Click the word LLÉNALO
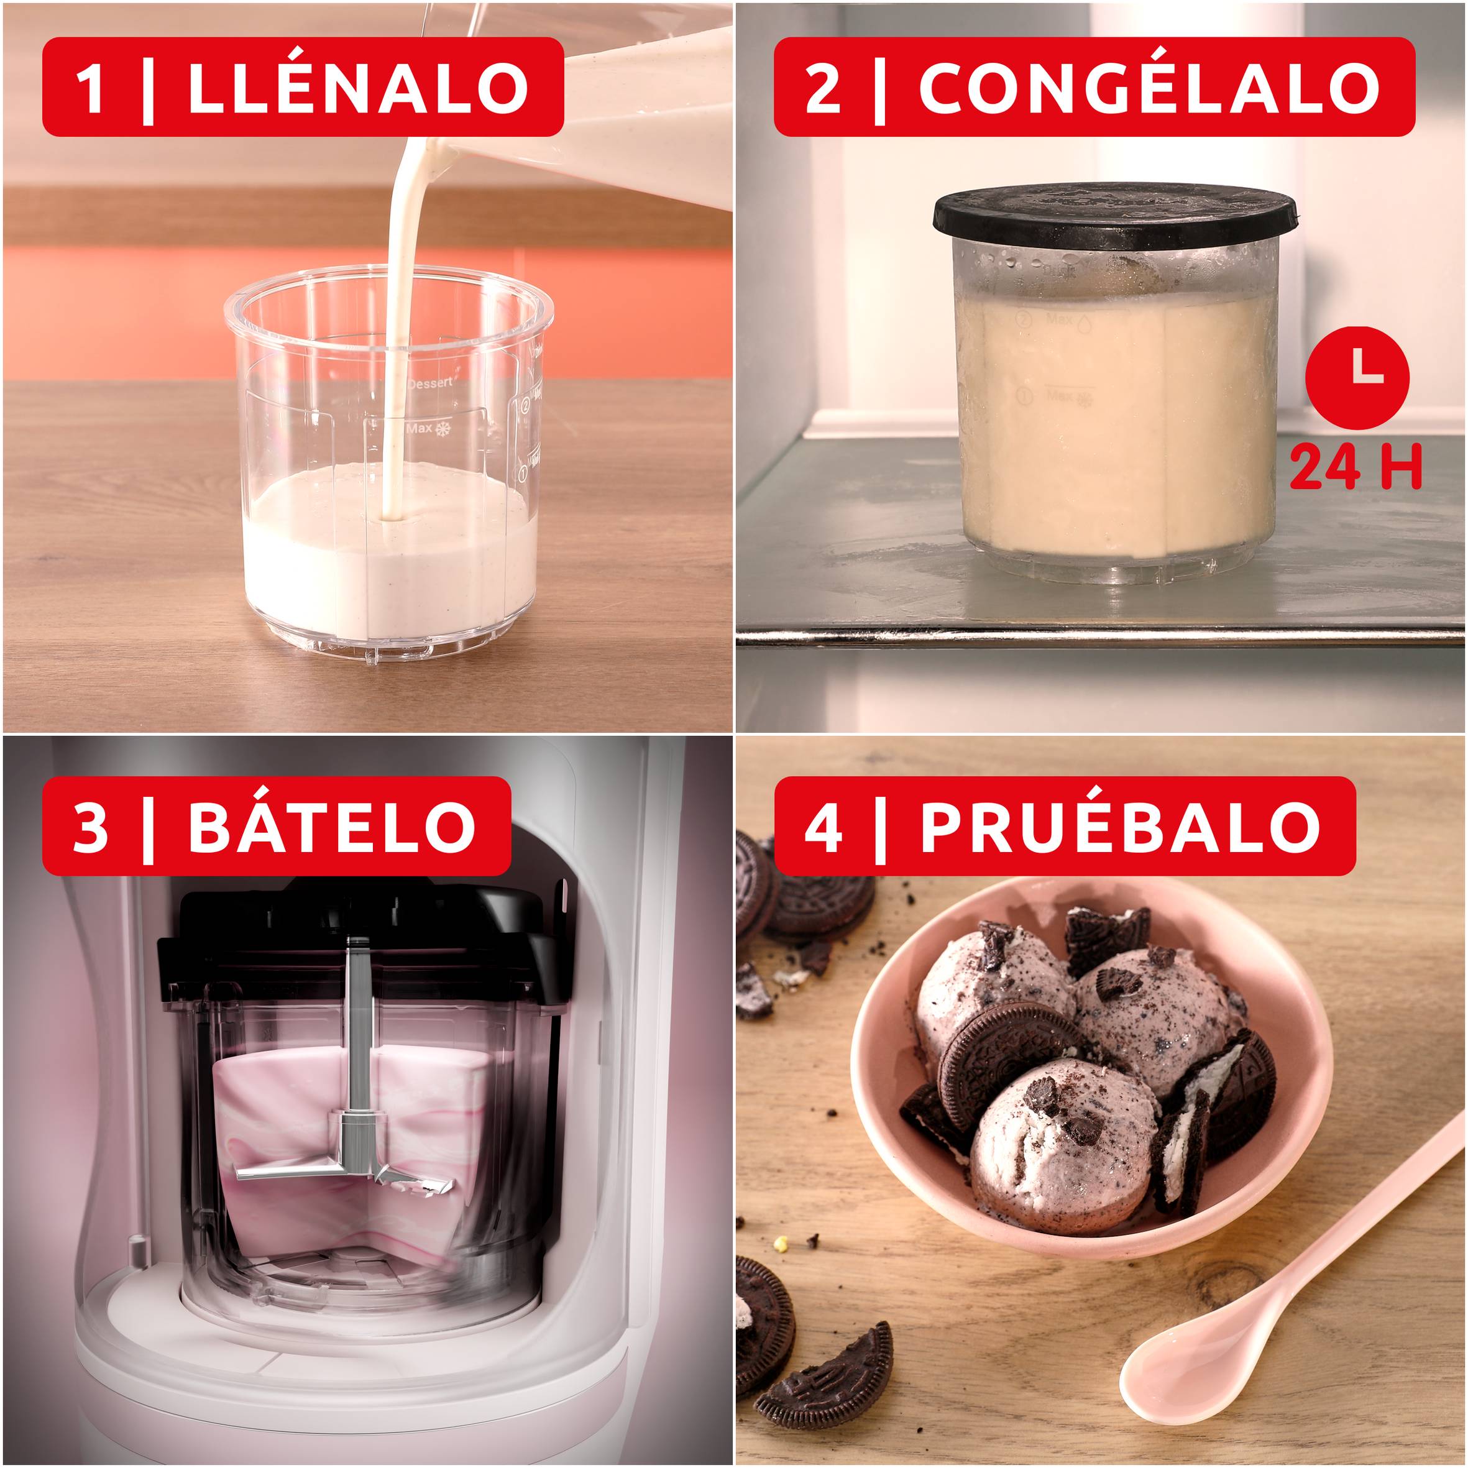[358, 88]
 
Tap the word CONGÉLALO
[1149, 88]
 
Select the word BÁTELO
[331, 827]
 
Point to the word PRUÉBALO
[1121, 827]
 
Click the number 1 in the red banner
[90, 88]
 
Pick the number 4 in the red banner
[822, 827]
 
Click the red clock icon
[1357, 378]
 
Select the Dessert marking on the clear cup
[429, 383]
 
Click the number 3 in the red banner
[90, 827]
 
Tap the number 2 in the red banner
[822, 88]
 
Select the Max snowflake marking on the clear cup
[429, 429]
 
